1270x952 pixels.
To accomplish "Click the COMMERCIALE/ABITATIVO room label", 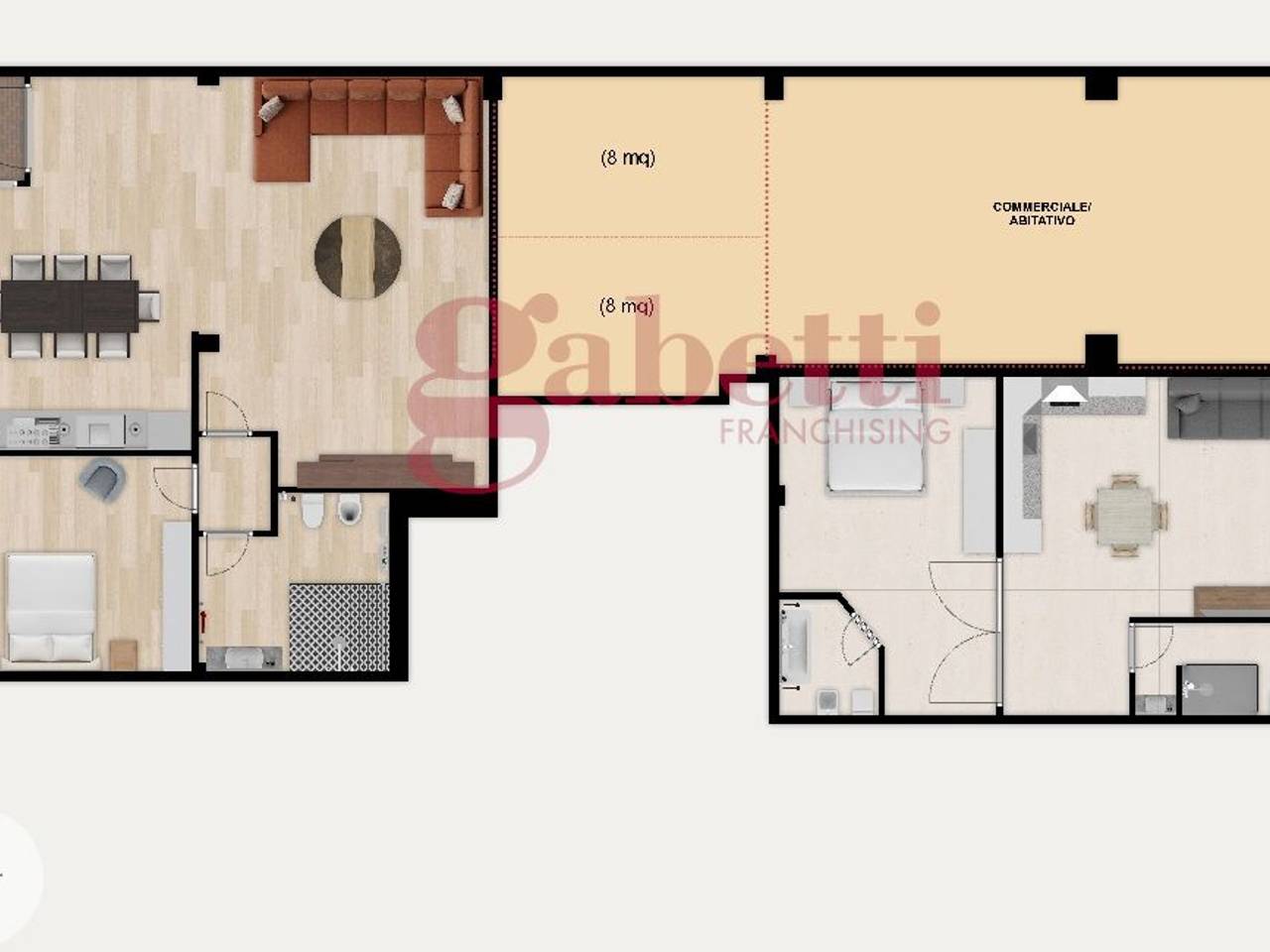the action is click(x=1042, y=213).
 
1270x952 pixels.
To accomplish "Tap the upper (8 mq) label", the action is click(x=628, y=158).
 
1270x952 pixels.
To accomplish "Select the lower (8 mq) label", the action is click(x=627, y=305).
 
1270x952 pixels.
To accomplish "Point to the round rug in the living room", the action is click(x=357, y=257).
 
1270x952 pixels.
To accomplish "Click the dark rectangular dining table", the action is click(x=69, y=305).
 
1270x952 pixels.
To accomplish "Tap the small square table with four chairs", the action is click(x=1125, y=515).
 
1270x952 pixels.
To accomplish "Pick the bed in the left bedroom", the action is click(x=51, y=608).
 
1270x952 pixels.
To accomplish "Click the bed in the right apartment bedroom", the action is click(x=875, y=437).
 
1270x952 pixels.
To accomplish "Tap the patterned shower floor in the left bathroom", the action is click(x=339, y=627).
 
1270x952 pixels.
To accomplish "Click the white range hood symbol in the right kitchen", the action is click(x=1065, y=396).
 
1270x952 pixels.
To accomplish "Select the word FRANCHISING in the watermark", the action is click(x=834, y=430).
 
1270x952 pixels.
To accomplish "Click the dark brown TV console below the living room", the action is click(x=385, y=471).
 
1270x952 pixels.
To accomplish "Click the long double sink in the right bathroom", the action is click(x=795, y=645).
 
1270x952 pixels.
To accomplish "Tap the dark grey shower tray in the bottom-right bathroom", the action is click(x=1219, y=690).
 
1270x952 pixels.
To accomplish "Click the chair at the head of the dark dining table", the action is click(x=149, y=305).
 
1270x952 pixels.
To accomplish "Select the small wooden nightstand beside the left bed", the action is click(x=123, y=654).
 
